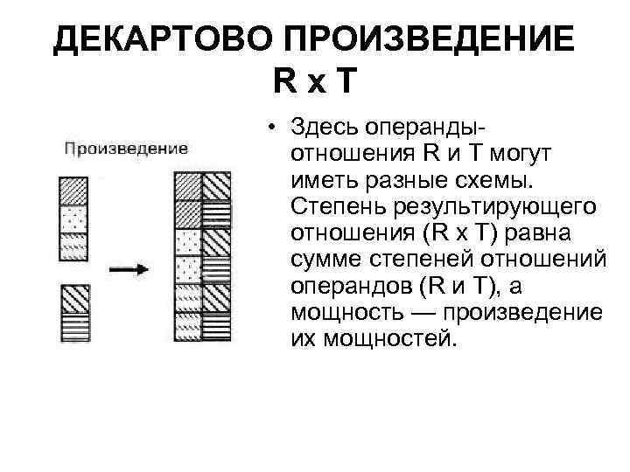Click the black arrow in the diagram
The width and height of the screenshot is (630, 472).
(135, 270)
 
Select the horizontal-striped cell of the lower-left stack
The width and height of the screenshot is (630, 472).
(74, 327)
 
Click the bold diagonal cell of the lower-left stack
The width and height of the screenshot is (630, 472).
(74, 300)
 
